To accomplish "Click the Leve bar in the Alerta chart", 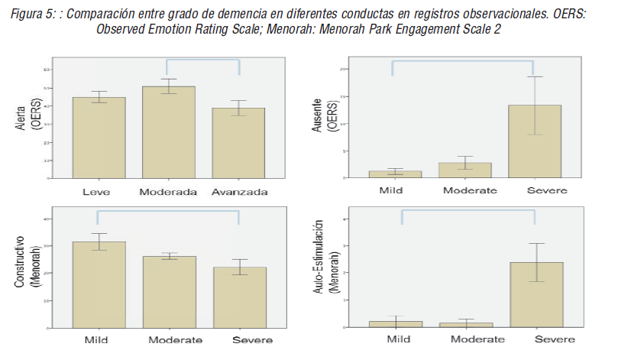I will tap(99, 138).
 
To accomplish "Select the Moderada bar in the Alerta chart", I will tap(169, 133).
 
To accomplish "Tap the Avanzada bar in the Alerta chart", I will tap(238, 144).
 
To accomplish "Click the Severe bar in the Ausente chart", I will tap(535, 141).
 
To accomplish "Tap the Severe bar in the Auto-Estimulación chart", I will tap(535, 294).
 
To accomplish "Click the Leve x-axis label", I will tap(99, 192).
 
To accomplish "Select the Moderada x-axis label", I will tap(169, 192).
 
